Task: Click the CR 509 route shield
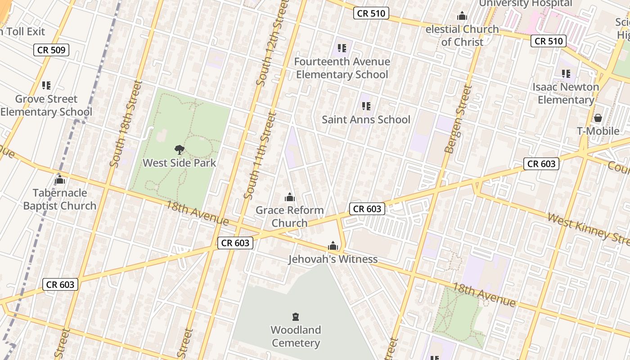51,50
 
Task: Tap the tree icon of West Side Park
180,150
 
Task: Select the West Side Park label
180,163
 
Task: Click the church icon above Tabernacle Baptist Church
60,180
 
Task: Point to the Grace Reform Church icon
290,197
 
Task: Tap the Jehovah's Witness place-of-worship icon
333,246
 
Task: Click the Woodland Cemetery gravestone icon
296,317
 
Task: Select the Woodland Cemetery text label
296,337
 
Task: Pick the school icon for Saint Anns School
366,107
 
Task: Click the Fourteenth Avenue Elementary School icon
342,48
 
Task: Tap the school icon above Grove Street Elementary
46,85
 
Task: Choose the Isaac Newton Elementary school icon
566,74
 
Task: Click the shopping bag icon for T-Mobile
598,118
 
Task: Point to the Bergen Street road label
458,119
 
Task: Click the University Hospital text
525,4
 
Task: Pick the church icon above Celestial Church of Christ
462,17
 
